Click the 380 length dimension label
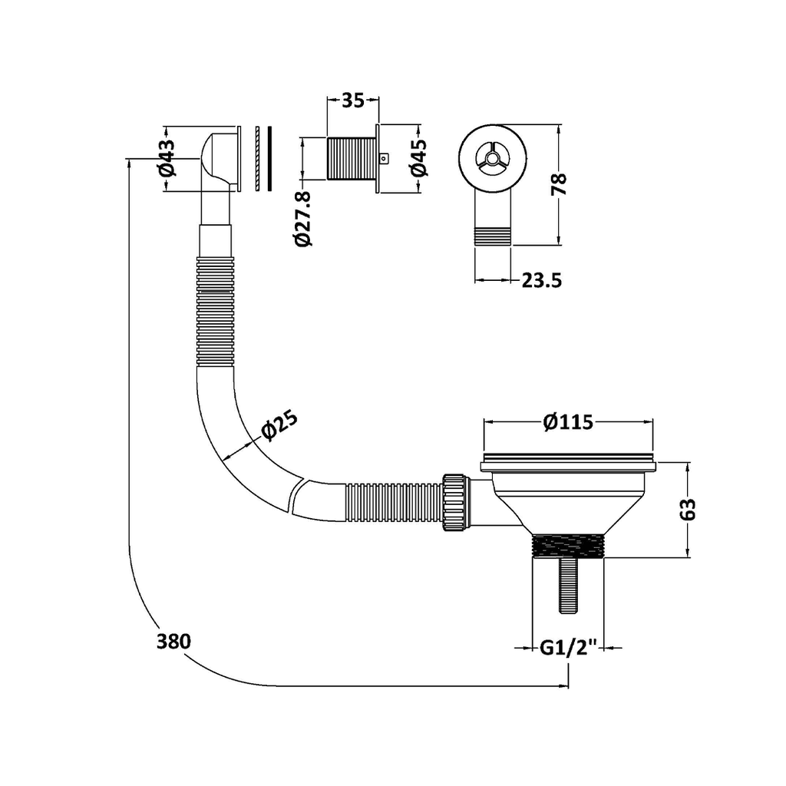[x=173, y=642]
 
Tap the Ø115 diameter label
[x=568, y=422]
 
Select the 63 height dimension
[x=689, y=509]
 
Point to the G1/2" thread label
[x=568, y=648]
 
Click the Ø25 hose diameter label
[x=279, y=425]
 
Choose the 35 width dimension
[x=352, y=101]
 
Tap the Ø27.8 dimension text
[x=304, y=219]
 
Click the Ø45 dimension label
[x=419, y=158]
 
